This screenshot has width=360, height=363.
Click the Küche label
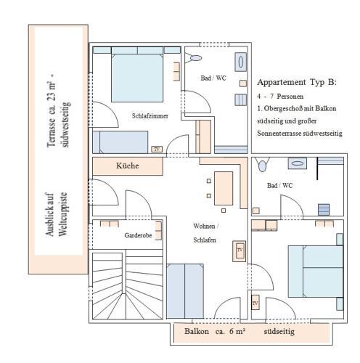128,166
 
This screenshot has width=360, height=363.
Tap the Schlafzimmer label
150,115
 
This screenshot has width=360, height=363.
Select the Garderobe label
138,235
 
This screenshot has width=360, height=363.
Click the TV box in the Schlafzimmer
157,149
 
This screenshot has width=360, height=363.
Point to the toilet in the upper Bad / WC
194,58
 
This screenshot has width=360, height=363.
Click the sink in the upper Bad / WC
241,62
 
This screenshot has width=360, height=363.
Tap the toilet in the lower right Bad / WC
262,165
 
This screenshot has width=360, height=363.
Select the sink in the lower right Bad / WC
298,163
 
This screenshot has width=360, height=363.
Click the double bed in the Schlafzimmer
137,78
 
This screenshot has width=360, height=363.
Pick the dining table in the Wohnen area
224,189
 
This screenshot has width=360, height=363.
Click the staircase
128,286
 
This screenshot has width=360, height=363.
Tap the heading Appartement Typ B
297,82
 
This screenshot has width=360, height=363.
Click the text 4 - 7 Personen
280,97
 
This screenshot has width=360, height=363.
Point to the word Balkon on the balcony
197,331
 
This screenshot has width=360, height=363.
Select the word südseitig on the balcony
279,331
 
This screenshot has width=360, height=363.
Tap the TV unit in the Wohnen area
239,251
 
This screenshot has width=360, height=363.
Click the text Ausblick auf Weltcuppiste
56,214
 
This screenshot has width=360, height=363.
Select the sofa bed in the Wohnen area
185,291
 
